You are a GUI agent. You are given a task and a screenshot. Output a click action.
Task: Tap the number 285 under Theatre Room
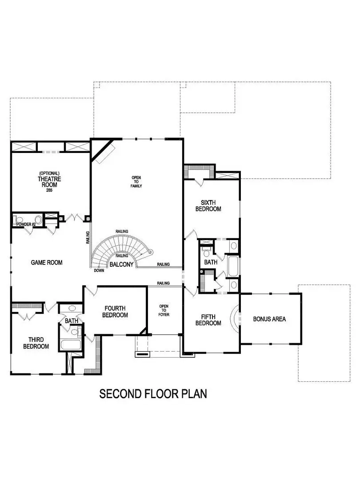[x=49, y=191]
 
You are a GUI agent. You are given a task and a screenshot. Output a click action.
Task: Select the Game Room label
[x=47, y=263]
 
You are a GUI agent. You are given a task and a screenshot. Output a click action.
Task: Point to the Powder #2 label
[x=26, y=224]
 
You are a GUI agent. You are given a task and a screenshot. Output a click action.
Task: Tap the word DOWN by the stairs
[x=99, y=270]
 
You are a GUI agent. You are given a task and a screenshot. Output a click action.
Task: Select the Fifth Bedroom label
[x=208, y=320]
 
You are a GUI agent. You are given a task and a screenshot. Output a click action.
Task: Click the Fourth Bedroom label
[x=116, y=312]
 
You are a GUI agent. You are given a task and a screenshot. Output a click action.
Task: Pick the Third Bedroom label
[x=36, y=343]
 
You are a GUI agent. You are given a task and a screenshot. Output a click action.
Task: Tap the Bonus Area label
[x=269, y=319]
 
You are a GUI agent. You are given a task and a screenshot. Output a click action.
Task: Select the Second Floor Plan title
[x=152, y=394]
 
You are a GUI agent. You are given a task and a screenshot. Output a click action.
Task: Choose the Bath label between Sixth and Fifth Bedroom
[x=211, y=262]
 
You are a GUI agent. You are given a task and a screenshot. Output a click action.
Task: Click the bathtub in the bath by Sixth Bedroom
[x=233, y=266]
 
